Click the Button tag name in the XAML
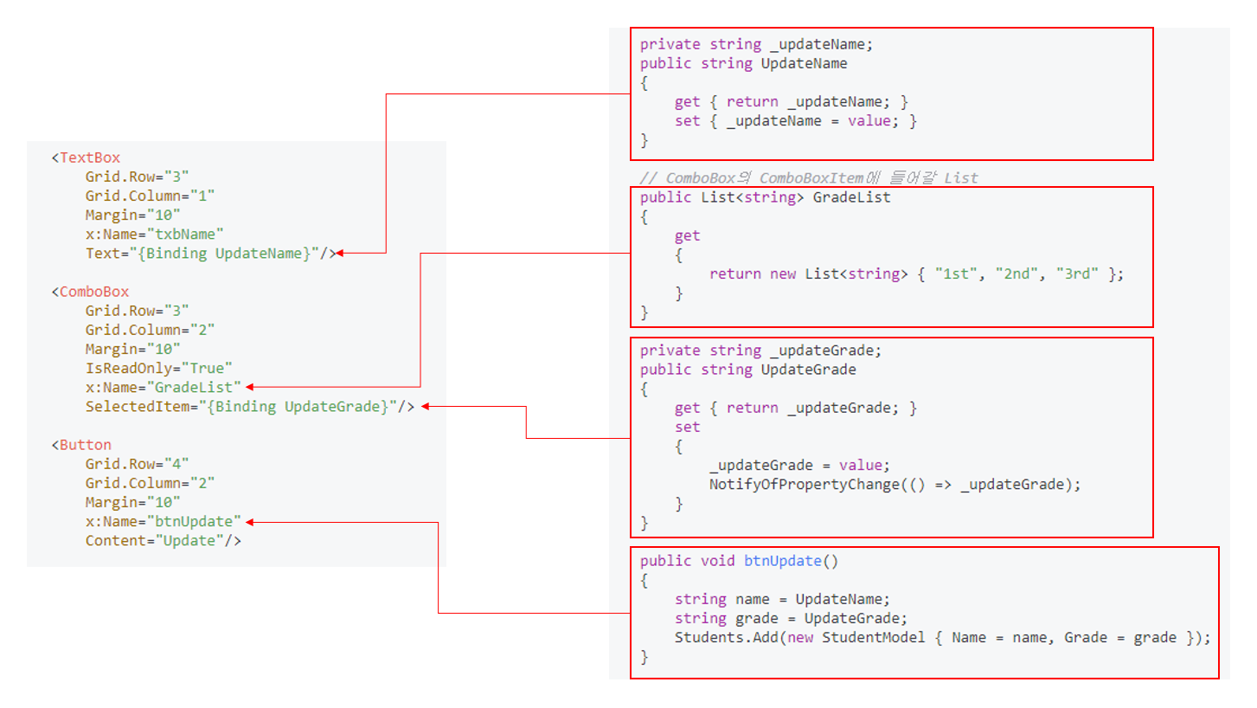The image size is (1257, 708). (x=86, y=445)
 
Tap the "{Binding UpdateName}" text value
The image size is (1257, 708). (x=233, y=253)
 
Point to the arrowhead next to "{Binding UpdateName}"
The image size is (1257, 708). (x=339, y=253)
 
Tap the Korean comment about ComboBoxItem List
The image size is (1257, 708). (x=809, y=178)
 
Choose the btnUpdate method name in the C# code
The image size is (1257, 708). (x=782, y=561)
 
